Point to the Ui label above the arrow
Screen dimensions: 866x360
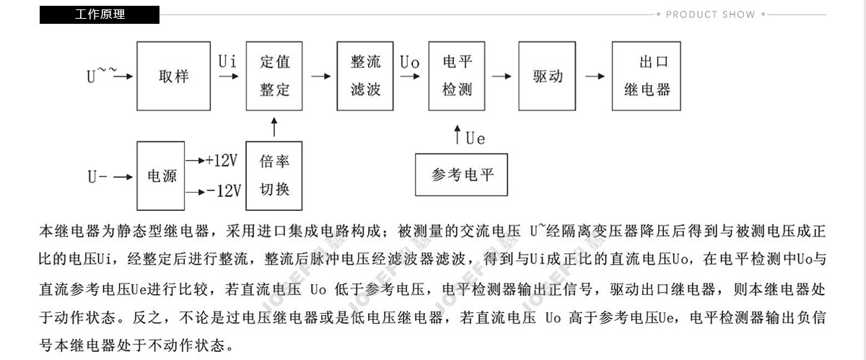tap(227, 61)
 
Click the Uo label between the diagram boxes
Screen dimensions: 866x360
tap(409, 62)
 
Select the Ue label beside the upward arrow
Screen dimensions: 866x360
tap(475, 139)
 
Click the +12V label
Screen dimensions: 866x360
tap(222, 160)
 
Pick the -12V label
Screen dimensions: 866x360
tap(224, 191)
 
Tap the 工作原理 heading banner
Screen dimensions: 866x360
tap(100, 14)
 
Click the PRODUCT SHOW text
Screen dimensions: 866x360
tap(710, 14)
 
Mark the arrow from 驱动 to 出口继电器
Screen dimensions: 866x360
tap(595, 76)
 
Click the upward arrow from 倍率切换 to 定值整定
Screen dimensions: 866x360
tap(274, 127)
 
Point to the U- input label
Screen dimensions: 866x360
tap(97, 177)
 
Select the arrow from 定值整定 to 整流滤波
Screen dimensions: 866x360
tap(321, 76)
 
